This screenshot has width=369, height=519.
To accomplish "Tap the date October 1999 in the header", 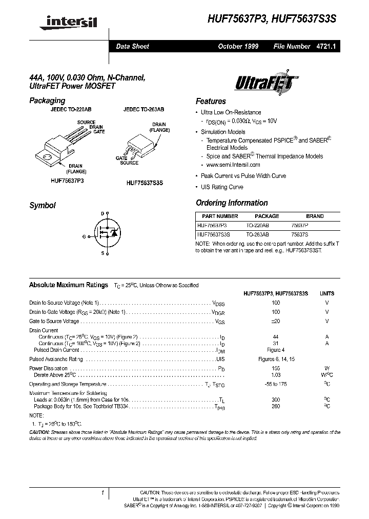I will [238, 46].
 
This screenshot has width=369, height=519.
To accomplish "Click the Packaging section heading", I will [47, 101].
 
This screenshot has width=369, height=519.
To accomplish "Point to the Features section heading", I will [211, 101].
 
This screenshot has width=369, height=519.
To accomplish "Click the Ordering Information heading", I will [232, 203].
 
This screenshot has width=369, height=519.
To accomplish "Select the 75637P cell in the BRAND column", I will [315, 225].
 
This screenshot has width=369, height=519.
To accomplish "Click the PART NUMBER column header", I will [220, 216].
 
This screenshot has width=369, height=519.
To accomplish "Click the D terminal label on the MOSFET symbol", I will [102, 213].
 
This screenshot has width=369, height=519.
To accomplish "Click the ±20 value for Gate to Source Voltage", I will [276, 321].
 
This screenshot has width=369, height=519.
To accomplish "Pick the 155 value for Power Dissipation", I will [276, 368].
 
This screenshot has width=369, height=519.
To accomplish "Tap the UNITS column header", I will [326, 293].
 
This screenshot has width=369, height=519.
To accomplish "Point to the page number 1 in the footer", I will [102, 493].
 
